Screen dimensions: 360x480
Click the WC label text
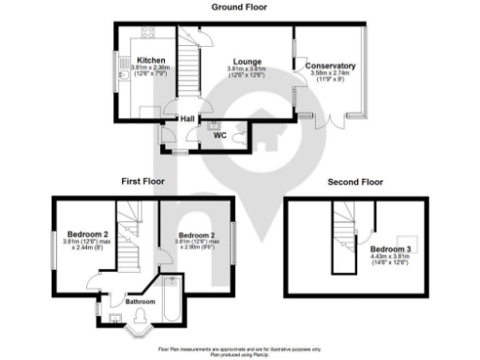[x=220, y=136]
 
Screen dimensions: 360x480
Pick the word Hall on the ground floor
[x=187, y=119]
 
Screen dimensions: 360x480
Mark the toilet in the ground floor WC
[x=242, y=137]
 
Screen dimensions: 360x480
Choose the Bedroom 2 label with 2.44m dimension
[x=87, y=234]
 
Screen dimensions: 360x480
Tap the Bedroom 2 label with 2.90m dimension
[x=198, y=234]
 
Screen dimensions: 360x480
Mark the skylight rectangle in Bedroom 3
[x=409, y=238]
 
